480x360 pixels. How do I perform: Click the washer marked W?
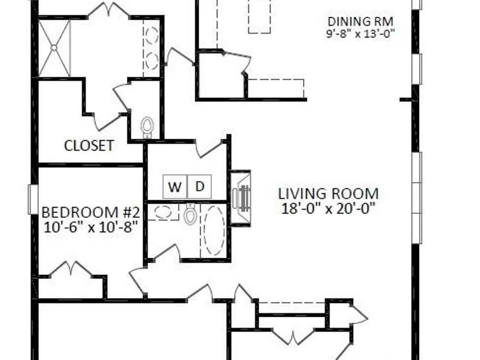[x=175, y=186]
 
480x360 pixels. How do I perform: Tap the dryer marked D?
[x=199, y=186]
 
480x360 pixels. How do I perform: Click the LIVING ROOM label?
[x=328, y=194]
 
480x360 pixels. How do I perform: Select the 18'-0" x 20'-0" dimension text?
[x=328, y=209]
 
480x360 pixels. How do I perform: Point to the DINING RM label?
[x=360, y=22]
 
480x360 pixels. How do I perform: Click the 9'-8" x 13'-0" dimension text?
[x=360, y=33]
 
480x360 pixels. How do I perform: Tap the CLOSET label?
[x=89, y=145]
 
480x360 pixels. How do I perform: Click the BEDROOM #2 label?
[x=91, y=213]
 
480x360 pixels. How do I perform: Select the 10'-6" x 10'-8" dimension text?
[x=91, y=227]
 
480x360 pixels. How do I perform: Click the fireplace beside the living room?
[x=240, y=198]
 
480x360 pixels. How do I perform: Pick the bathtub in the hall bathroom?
[x=214, y=230]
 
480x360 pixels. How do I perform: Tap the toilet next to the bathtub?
[x=190, y=214]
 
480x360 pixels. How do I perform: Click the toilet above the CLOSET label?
[x=147, y=127]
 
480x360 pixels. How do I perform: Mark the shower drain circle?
[x=54, y=48]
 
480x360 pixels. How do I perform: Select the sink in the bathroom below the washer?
[x=163, y=212]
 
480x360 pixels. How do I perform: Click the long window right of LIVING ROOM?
[x=417, y=198]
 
